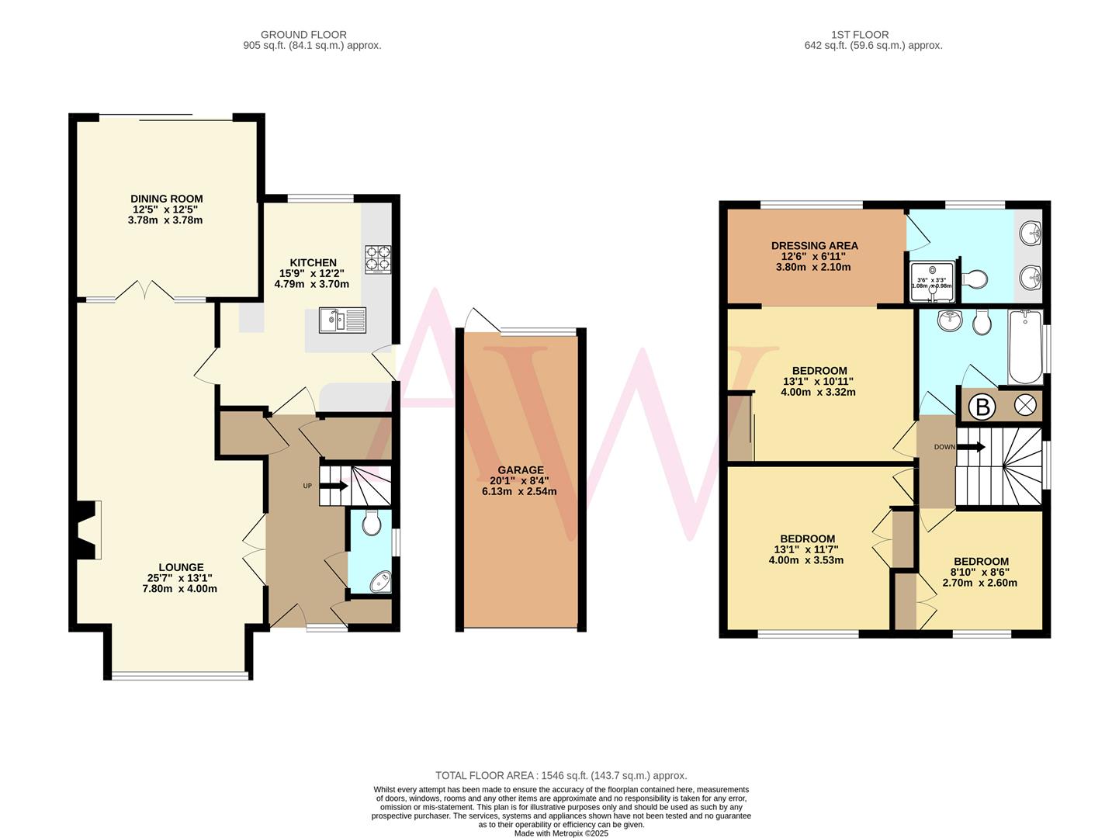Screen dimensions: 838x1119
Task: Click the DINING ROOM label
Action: (x=166, y=199)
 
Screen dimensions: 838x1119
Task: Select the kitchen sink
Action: (x=342, y=320)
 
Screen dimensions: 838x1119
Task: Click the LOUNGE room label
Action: (x=181, y=567)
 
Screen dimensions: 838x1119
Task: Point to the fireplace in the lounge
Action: (x=87, y=529)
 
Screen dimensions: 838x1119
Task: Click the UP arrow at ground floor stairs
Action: (x=334, y=487)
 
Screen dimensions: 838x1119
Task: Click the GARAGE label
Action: (x=520, y=469)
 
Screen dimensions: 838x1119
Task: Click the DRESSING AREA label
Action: (x=814, y=246)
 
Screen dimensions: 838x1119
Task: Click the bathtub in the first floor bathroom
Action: (x=1025, y=345)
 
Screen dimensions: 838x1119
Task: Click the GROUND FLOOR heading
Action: (x=303, y=34)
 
